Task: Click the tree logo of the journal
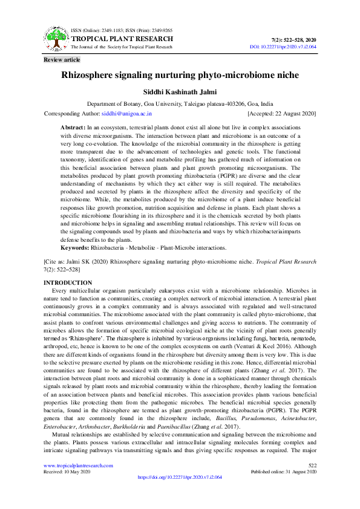click(x=56, y=39)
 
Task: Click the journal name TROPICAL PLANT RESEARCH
click(x=122, y=39)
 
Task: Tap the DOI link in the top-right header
click(x=283, y=47)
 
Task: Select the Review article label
click(x=62, y=60)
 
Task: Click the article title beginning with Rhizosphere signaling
click(x=180, y=77)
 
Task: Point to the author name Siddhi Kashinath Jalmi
click(x=180, y=92)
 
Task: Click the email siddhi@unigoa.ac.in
click(x=126, y=113)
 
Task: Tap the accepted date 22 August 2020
click(x=281, y=113)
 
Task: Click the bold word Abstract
click(x=74, y=128)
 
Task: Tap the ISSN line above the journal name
click(x=122, y=30)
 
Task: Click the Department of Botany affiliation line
click(x=180, y=104)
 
